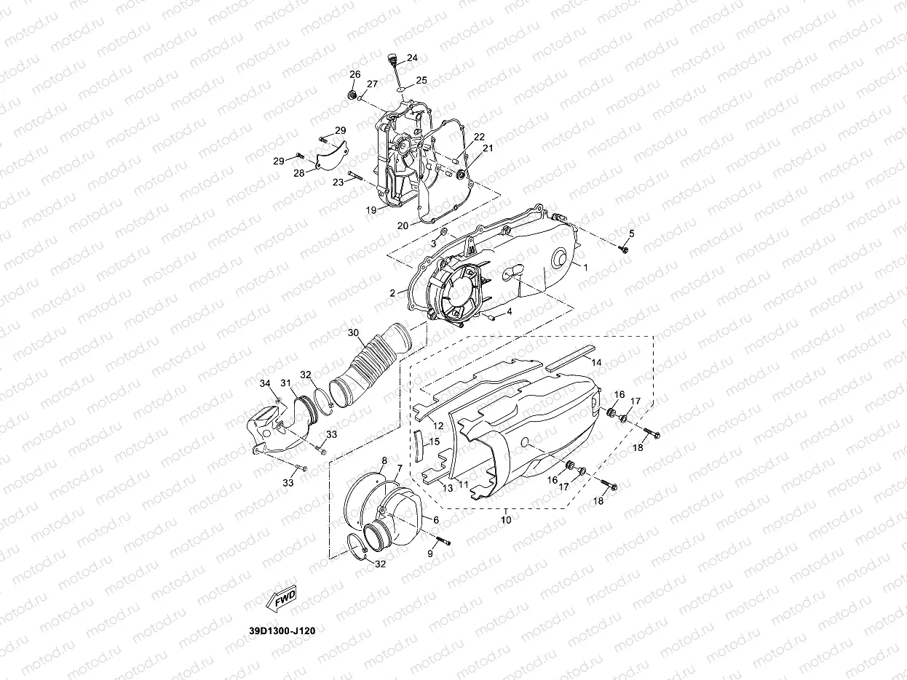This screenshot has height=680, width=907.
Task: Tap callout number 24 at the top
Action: [412, 57]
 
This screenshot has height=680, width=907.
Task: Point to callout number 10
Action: [506, 520]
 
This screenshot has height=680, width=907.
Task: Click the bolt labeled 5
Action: [625, 249]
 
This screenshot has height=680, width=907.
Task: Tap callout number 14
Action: [595, 361]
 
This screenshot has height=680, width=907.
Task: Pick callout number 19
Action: [371, 209]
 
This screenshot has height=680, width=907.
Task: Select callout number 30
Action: [354, 332]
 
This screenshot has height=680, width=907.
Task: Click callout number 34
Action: [265, 383]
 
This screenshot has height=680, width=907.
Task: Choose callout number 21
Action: [487, 148]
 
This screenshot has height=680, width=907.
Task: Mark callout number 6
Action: [435, 520]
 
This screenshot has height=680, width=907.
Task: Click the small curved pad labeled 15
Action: [417, 445]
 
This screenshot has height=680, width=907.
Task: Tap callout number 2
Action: [392, 292]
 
